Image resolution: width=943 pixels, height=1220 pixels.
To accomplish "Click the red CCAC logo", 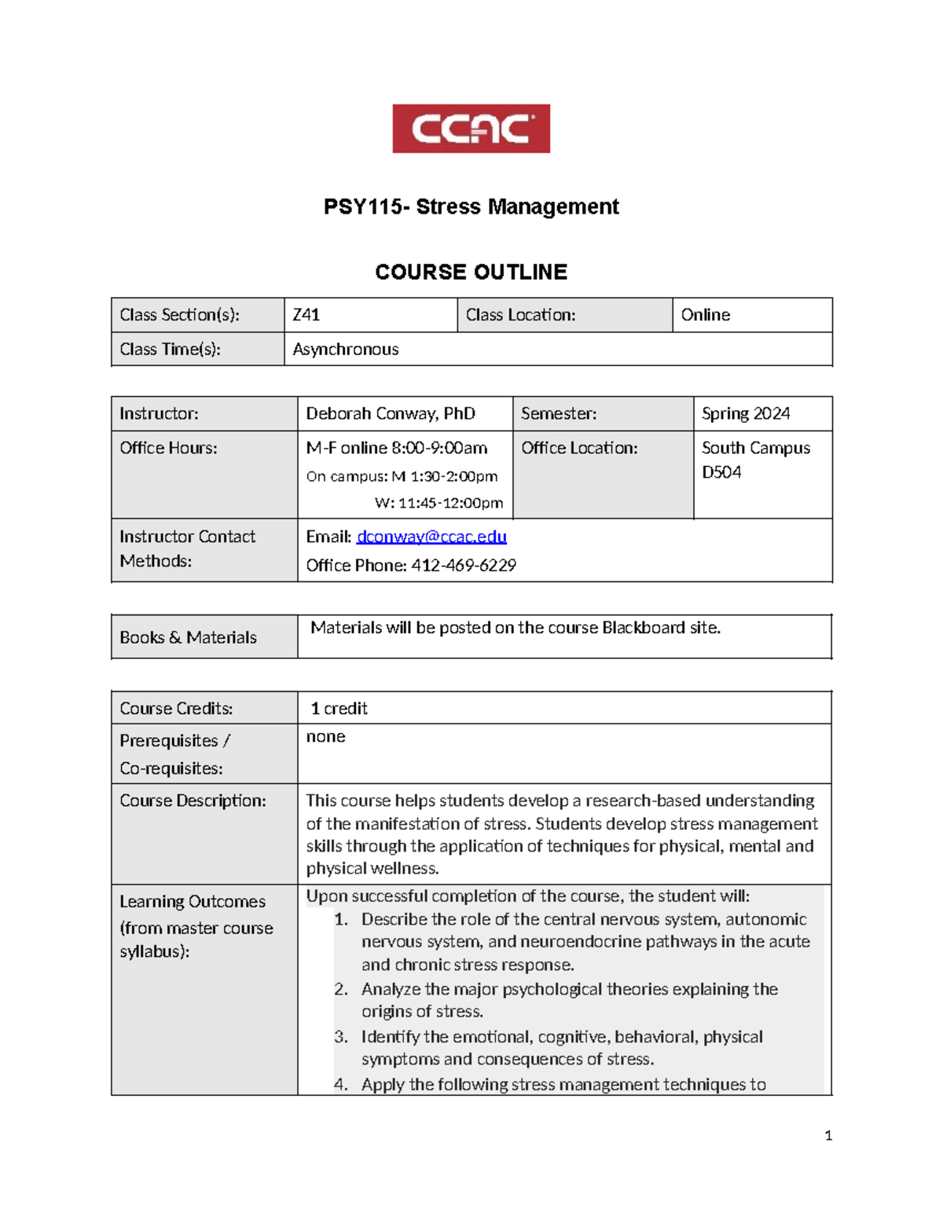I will pyautogui.click(x=471, y=128).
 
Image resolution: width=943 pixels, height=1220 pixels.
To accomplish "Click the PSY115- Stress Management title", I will pyautogui.click(x=471, y=207).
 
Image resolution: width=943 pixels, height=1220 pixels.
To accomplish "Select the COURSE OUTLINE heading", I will pyautogui.click(x=471, y=272).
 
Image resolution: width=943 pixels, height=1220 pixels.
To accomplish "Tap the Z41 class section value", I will pyautogui.click(x=306, y=315).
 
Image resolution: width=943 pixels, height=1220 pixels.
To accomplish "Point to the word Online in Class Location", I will pyautogui.click(x=705, y=315).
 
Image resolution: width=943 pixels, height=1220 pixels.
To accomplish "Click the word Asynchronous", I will pyautogui.click(x=345, y=350).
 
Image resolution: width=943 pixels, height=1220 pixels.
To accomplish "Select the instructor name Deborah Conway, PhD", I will pyautogui.click(x=390, y=414).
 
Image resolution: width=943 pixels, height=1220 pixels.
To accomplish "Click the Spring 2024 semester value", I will pyautogui.click(x=745, y=414).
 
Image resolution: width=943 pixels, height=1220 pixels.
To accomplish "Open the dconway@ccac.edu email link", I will pyautogui.click(x=431, y=537).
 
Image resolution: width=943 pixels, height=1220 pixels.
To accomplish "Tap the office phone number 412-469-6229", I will pyautogui.click(x=463, y=566).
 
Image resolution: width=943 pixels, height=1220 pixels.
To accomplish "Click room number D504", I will pyautogui.click(x=721, y=472).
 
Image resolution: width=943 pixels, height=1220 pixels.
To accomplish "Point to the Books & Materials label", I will pyautogui.click(x=188, y=637).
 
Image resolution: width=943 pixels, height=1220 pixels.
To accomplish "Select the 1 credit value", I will pyautogui.click(x=339, y=709).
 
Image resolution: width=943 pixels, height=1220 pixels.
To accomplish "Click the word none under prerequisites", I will pyautogui.click(x=325, y=737).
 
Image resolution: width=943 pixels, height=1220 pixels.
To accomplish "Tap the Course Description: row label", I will pyautogui.click(x=193, y=801).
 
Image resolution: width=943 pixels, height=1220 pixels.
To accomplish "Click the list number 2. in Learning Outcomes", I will pyautogui.click(x=340, y=989).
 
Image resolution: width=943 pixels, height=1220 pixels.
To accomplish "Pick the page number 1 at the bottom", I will pyautogui.click(x=827, y=1135).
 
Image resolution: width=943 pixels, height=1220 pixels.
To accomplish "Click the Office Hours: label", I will pyautogui.click(x=168, y=448).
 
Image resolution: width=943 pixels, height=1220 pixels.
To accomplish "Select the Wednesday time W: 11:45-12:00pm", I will pyautogui.click(x=438, y=503).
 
